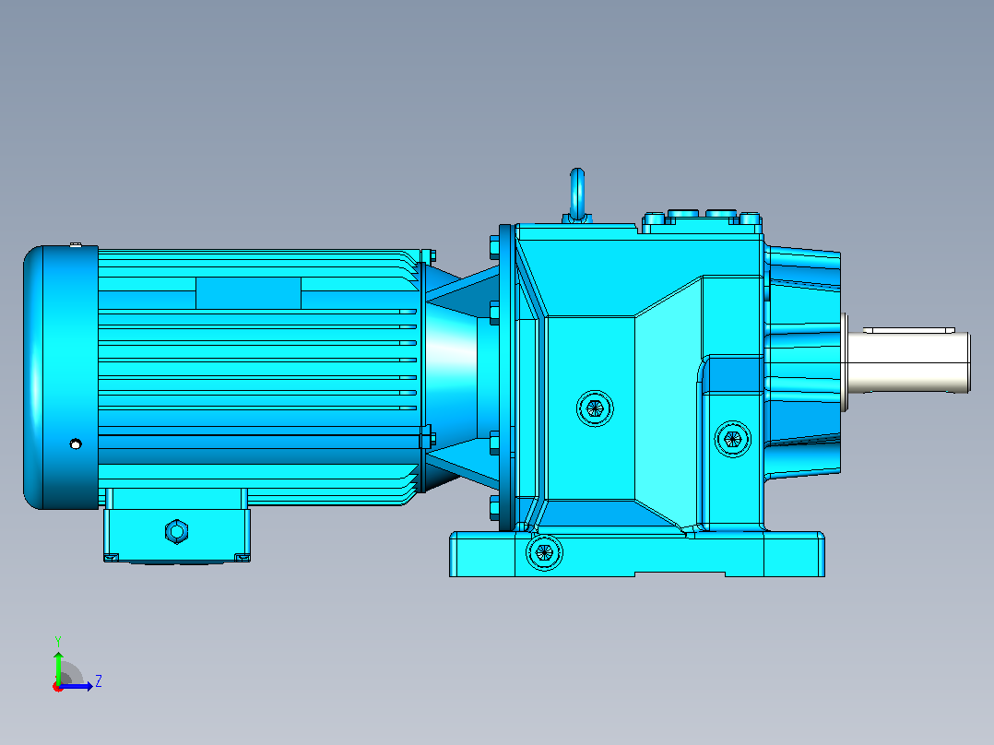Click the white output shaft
pos(907,361)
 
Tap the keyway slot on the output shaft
pos(909,330)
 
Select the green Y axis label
pos(58,641)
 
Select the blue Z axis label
pos(99,681)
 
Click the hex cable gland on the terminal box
pos(176,531)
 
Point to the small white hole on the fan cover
pos(76,443)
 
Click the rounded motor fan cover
pos(61,377)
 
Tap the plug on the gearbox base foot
pos(544,553)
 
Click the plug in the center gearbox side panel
pos(595,408)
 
